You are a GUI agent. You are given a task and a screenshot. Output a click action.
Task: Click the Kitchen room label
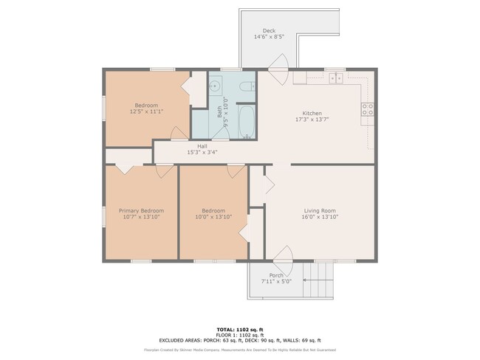click(312, 113)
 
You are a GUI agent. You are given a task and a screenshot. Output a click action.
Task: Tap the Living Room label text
click(320, 210)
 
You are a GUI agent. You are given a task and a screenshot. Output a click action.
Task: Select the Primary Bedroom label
click(140, 210)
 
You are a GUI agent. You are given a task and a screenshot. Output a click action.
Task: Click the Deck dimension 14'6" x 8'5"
click(269, 36)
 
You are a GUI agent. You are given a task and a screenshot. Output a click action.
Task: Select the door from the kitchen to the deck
click(275, 77)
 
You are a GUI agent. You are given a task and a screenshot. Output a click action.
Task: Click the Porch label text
click(277, 275)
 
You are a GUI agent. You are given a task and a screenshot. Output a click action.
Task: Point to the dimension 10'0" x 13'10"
click(213, 217)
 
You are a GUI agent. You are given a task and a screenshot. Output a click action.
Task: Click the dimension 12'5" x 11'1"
click(146, 111)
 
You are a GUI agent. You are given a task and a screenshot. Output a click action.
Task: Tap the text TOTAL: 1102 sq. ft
click(239, 329)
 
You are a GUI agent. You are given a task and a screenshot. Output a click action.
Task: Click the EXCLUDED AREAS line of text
click(239, 340)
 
